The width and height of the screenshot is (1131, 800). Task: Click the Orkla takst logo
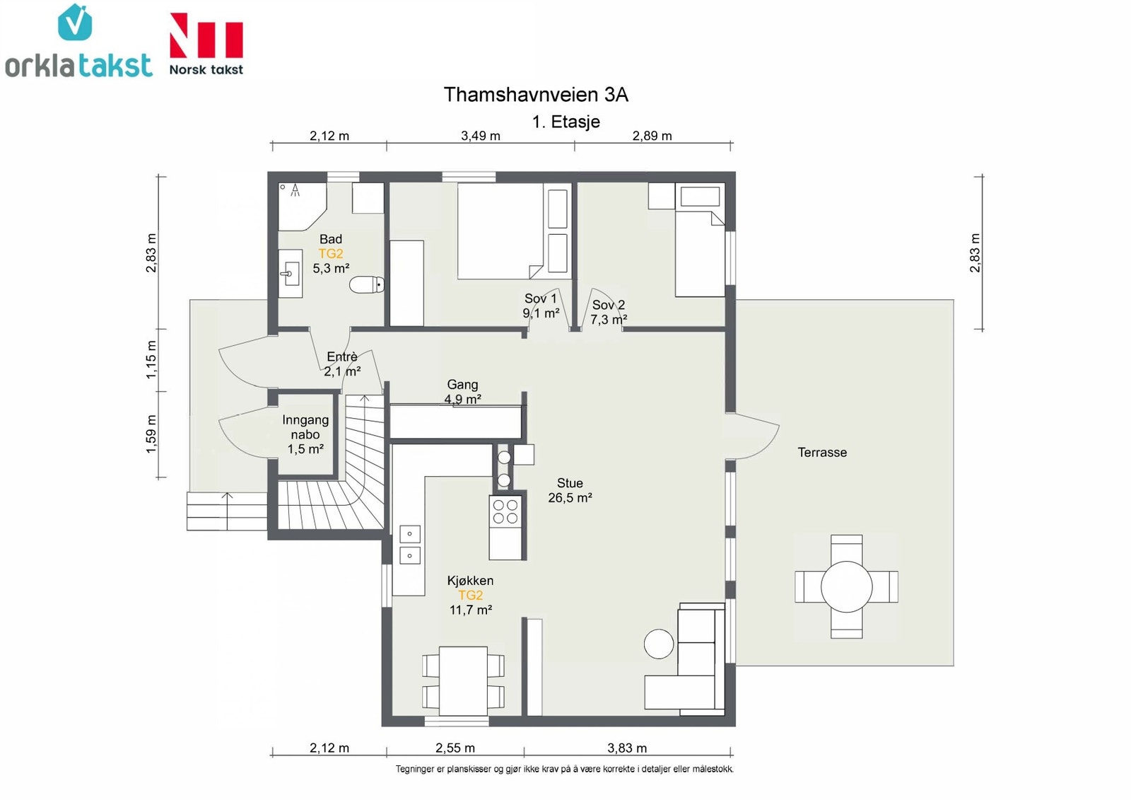pyautogui.click(x=78, y=41)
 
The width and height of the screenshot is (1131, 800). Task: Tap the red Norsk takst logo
pyautogui.click(x=206, y=45)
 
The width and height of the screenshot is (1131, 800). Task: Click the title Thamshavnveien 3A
pyautogui.click(x=536, y=95)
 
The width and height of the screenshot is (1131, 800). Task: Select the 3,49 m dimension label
pyautogui.click(x=480, y=136)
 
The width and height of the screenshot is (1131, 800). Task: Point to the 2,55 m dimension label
pyautogui.click(x=455, y=748)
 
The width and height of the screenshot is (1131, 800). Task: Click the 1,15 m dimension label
pyautogui.click(x=151, y=359)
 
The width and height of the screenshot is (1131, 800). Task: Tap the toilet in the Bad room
pyautogui.click(x=367, y=284)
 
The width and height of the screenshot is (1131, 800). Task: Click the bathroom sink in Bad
pyautogui.click(x=291, y=274)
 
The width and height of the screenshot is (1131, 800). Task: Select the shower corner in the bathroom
pyautogui.click(x=303, y=207)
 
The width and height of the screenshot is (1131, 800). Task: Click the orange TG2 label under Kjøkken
pyautogui.click(x=470, y=596)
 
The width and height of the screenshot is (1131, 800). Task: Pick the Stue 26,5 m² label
pyautogui.click(x=570, y=490)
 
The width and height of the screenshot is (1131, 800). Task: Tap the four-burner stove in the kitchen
pyautogui.click(x=505, y=511)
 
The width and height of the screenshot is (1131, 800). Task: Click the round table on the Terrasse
pyautogui.click(x=846, y=586)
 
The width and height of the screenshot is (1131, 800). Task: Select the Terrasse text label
pyautogui.click(x=822, y=452)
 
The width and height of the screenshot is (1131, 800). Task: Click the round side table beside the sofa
pyautogui.click(x=659, y=644)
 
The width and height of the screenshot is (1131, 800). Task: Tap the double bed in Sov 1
pyautogui.click(x=500, y=231)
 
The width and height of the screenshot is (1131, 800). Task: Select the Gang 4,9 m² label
pyautogui.click(x=462, y=392)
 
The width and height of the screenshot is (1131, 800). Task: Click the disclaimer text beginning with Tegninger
pyautogui.click(x=564, y=770)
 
